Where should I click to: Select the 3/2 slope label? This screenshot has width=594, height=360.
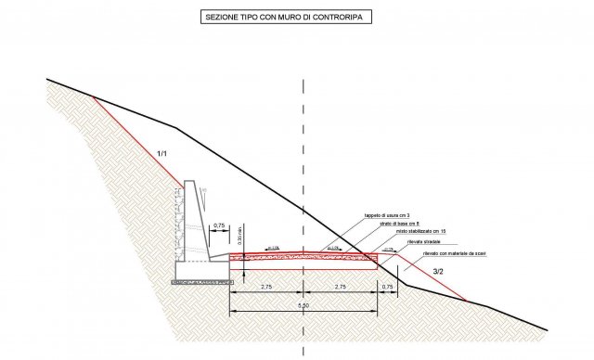click(439, 270)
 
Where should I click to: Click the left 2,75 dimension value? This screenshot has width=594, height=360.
click(266, 289)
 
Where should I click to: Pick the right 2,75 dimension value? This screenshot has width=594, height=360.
click(342, 289)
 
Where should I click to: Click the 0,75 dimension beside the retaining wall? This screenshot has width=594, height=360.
click(220, 225)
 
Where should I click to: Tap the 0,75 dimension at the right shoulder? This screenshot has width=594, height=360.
click(388, 289)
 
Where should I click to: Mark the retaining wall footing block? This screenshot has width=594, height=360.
click(200, 268)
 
